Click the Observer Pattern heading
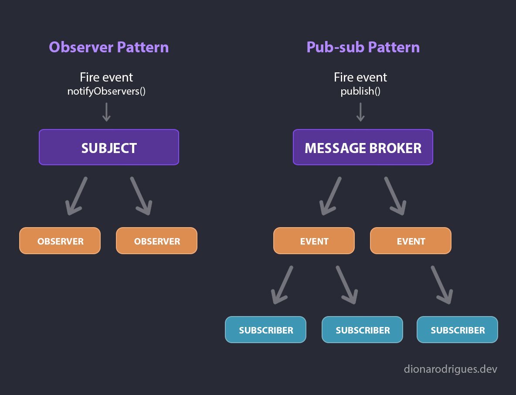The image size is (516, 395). click(x=109, y=47)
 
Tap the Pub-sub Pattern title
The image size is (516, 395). click(x=363, y=47)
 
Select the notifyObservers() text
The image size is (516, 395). click(x=106, y=91)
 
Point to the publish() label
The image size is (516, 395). click(x=360, y=91)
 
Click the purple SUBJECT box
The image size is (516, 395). click(x=109, y=147)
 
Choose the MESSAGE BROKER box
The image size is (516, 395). click(x=363, y=147)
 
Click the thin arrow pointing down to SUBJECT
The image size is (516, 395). click(x=106, y=112)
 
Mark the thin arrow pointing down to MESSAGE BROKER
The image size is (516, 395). click(x=360, y=112)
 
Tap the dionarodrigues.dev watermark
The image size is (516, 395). click(x=450, y=369)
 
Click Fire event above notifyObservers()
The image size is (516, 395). click(x=106, y=77)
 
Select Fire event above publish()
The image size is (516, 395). click(x=360, y=77)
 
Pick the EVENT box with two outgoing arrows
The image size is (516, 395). click(x=314, y=241)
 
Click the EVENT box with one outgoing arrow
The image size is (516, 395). click(x=411, y=241)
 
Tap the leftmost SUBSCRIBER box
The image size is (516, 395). click(x=265, y=330)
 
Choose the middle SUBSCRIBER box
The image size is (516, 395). click(x=362, y=330)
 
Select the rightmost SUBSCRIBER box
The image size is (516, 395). click(x=458, y=330)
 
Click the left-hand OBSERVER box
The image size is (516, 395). click(x=60, y=241)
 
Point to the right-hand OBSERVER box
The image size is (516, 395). click(x=156, y=241)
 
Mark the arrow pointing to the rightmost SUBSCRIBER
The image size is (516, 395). click(x=442, y=285)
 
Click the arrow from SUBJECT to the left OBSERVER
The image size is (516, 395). click(x=76, y=196)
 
